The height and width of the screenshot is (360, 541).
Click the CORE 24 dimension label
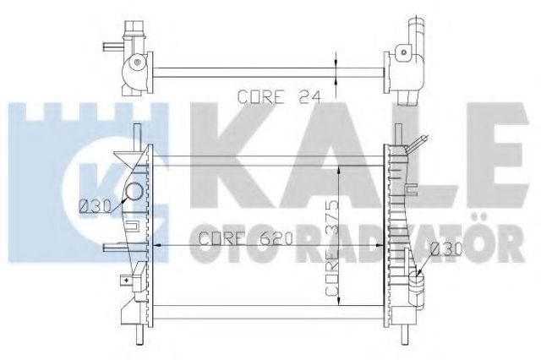click(279, 97)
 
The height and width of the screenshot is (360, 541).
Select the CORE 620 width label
click(246, 238)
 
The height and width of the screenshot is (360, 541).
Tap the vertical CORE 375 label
click(332, 248)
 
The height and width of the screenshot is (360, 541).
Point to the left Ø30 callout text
click(96, 206)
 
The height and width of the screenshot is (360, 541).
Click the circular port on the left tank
click(134, 192)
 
